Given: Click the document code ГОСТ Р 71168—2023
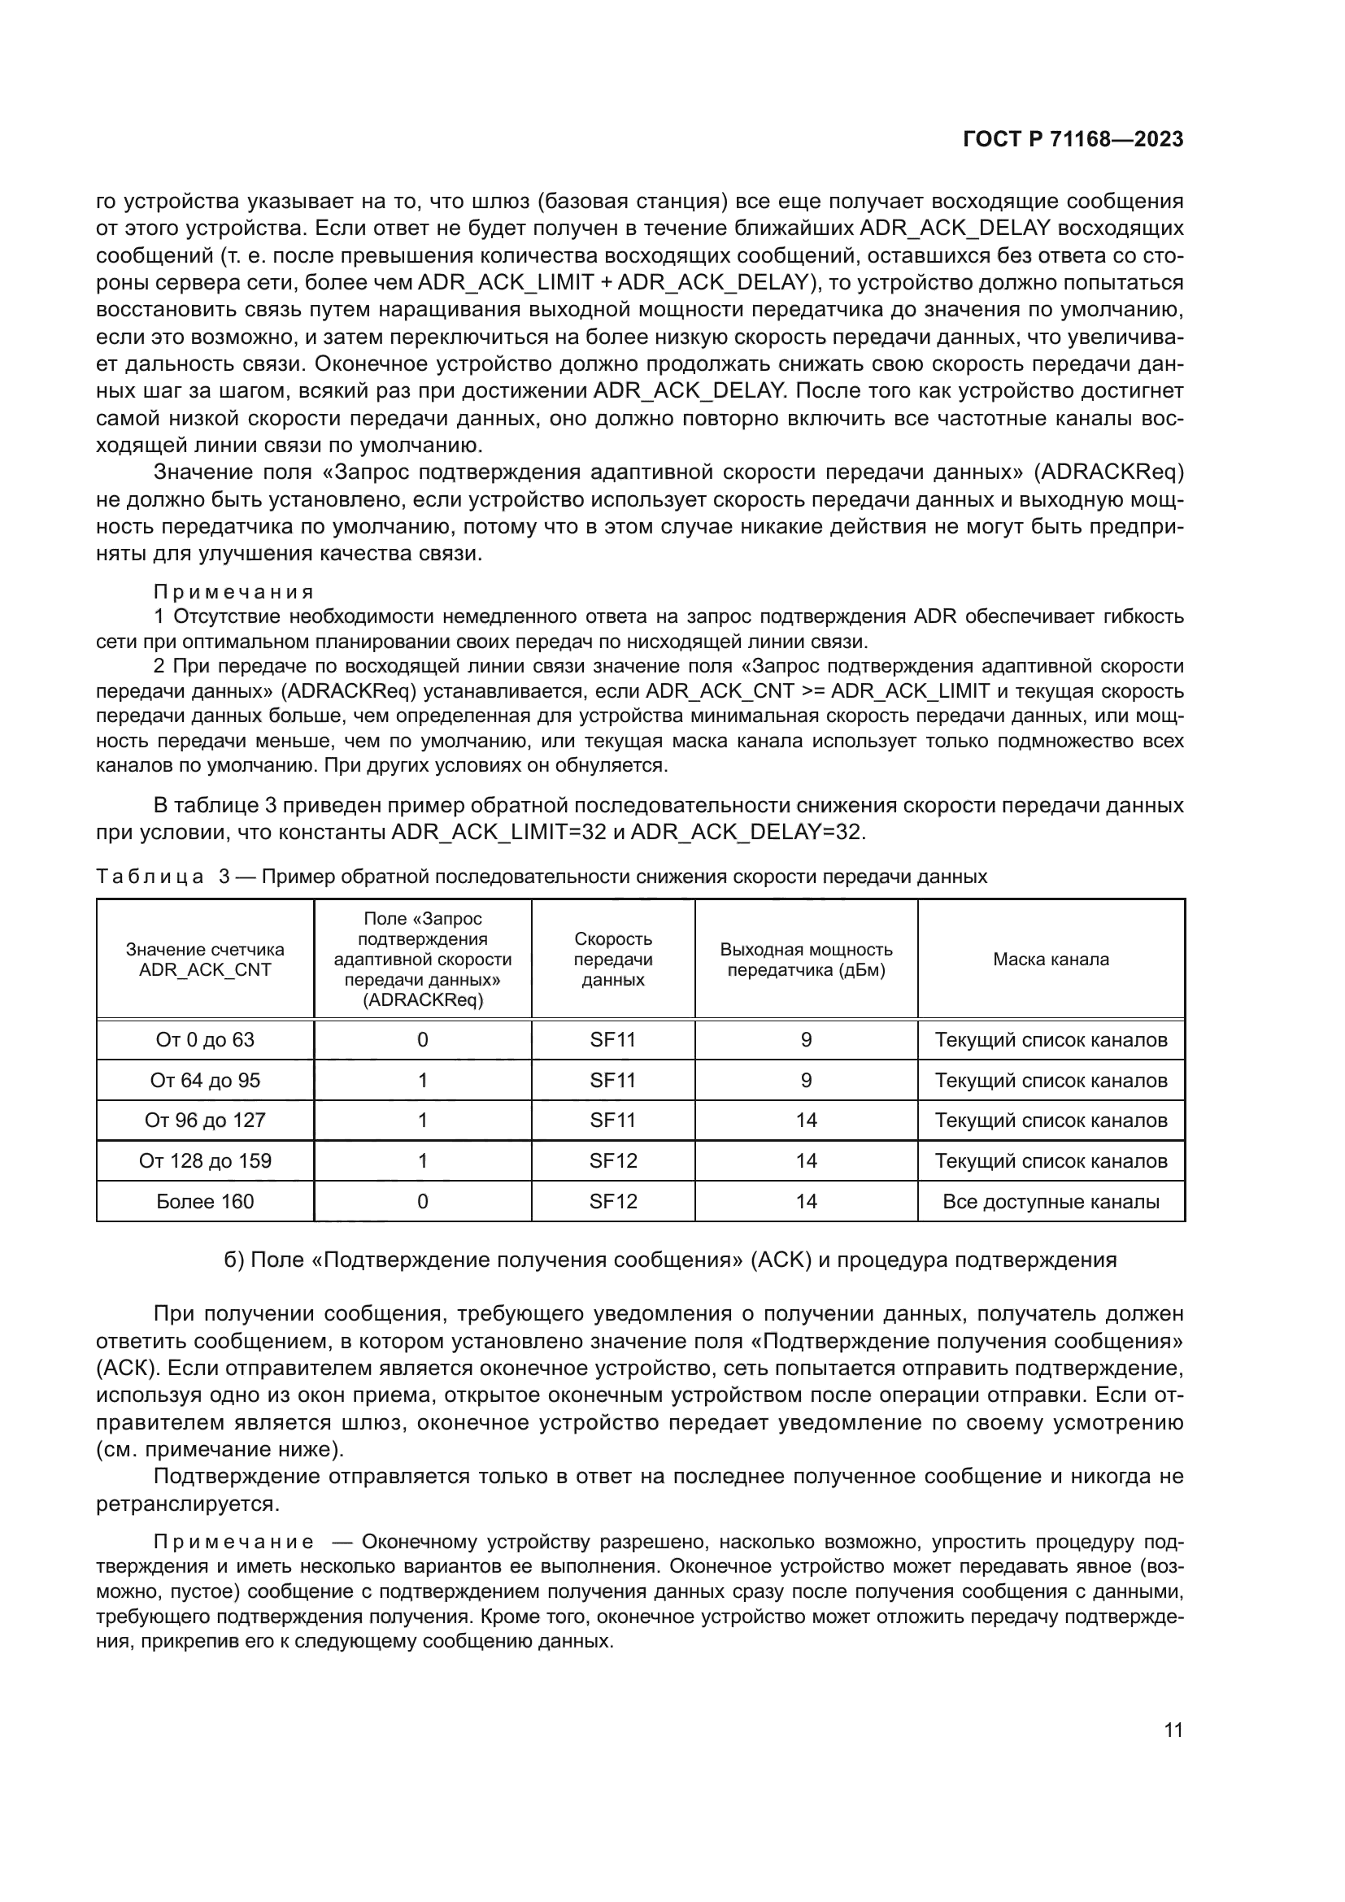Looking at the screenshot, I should point(1073,139).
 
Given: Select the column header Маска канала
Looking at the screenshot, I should point(1050,960).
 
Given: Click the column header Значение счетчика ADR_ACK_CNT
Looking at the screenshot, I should point(205,960).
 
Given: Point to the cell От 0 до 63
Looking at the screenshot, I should point(205,1040).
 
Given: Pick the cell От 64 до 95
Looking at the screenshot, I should point(205,1080).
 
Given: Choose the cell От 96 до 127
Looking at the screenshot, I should point(205,1120).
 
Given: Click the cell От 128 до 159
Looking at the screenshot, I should point(205,1160).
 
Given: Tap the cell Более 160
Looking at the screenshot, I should point(205,1201).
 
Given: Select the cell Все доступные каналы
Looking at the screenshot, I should point(1050,1201).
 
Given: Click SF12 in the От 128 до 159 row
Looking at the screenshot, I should point(613,1160).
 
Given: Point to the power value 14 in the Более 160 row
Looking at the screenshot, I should point(806,1201).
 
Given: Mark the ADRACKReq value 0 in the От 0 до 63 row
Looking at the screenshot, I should point(422,1040).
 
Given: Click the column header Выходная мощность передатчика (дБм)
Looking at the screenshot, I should point(806,960).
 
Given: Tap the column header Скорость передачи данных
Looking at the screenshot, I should point(613,960).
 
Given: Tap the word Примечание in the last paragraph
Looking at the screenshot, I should point(233,1542).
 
